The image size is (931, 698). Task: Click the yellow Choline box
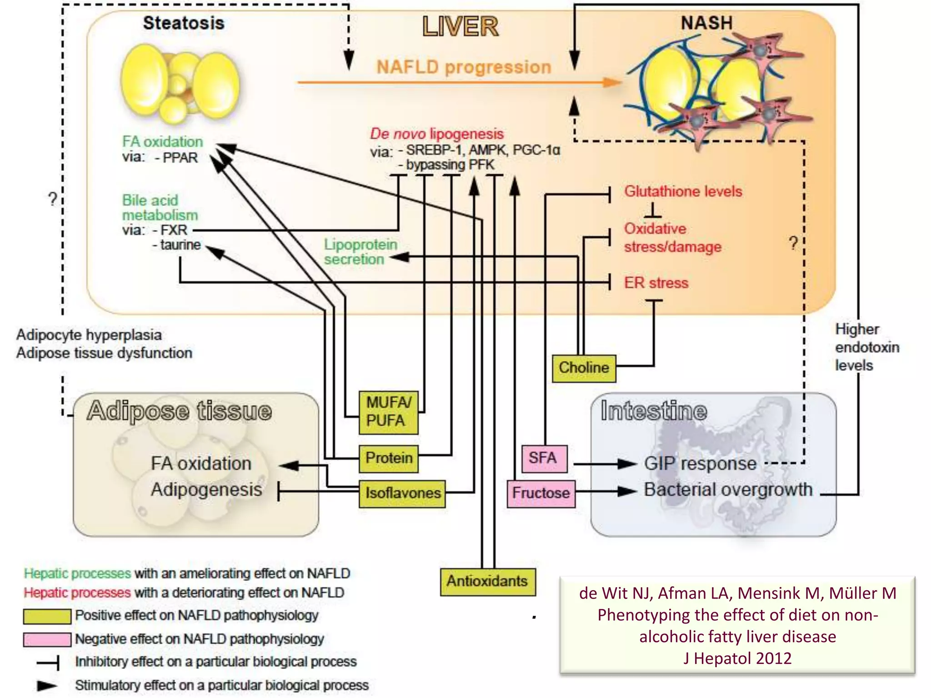[x=584, y=368]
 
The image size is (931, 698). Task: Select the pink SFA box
[x=544, y=458]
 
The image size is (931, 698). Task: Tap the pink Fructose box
[x=541, y=493]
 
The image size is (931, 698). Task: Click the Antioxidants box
[x=487, y=581]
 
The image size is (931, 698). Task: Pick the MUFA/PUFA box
[x=388, y=412]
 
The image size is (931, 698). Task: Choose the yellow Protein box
[x=389, y=458]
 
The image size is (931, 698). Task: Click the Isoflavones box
[x=402, y=493]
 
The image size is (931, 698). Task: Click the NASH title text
[x=706, y=23]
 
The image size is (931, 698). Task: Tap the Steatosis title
[x=184, y=23]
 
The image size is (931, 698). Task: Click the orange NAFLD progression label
[x=464, y=67]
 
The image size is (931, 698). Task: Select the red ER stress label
[x=656, y=283]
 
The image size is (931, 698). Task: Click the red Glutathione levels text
[x=683, y=191]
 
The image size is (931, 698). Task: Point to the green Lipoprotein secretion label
[x=360, y=252]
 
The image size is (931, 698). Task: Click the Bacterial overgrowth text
[x=728, y=490]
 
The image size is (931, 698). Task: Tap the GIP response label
[x=700, y=464]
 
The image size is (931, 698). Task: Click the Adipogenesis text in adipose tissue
[x=206, y=490]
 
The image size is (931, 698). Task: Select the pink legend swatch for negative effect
[x=47, y=639]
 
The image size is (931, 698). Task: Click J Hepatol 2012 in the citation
[x=737, y=658]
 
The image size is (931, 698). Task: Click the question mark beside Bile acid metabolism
[x=53, y=199]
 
